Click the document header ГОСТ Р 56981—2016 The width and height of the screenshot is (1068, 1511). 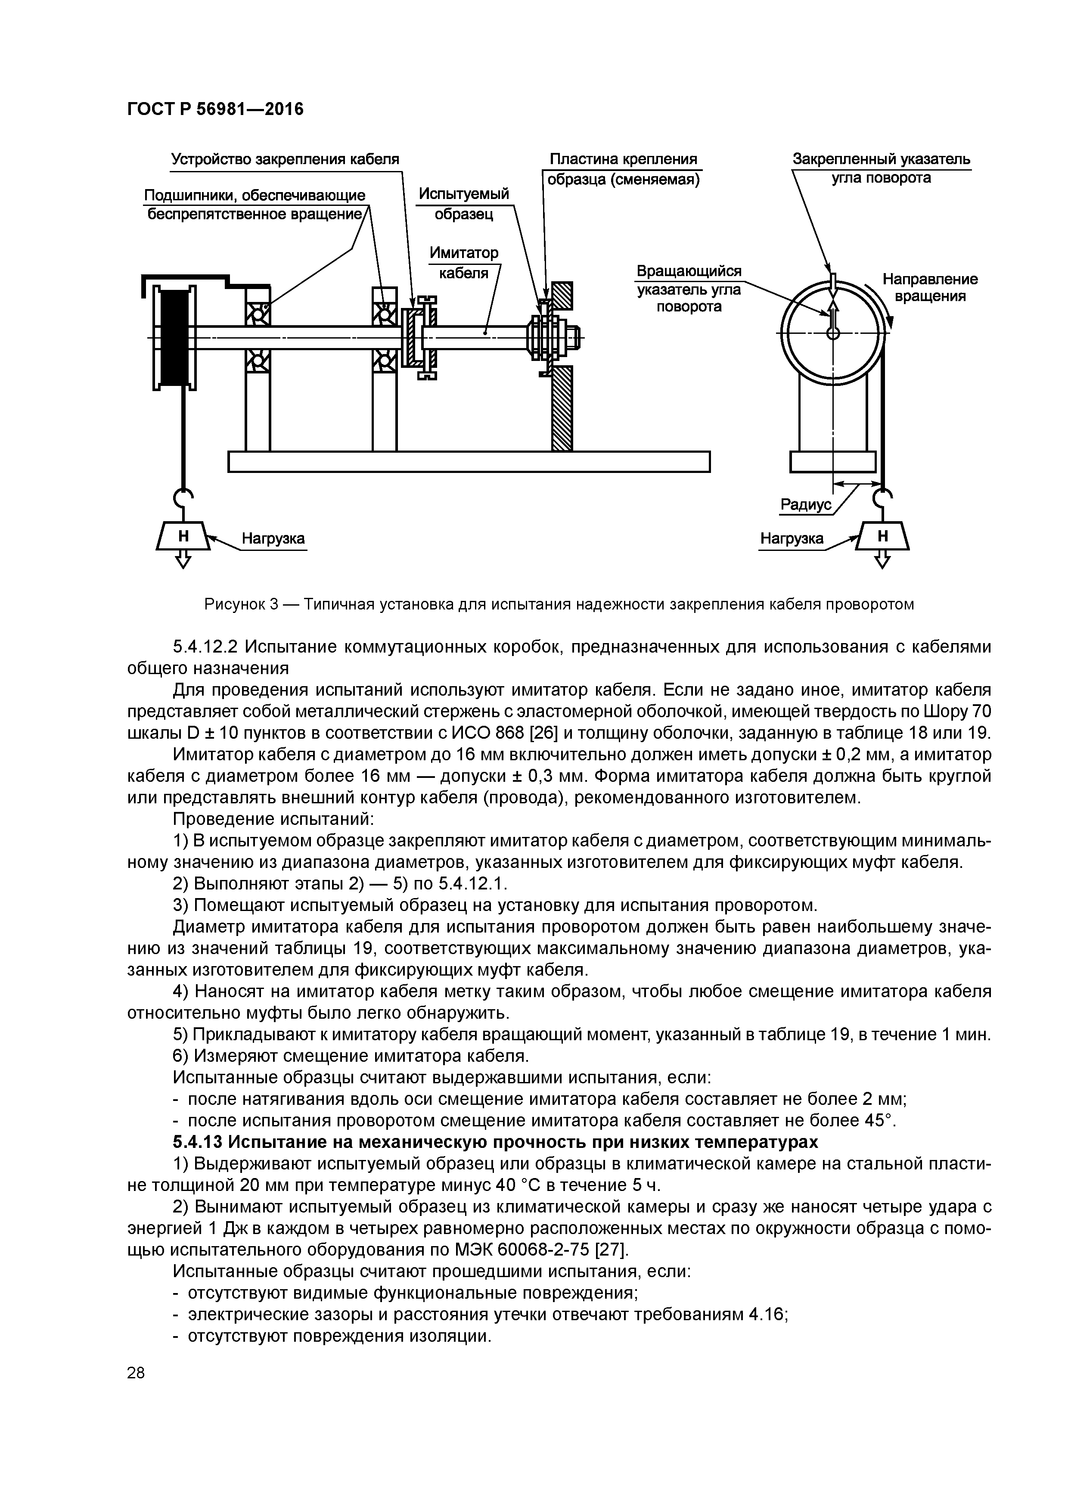click(x=215, y=109)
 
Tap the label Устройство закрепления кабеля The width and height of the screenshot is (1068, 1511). click(x=285, y=159)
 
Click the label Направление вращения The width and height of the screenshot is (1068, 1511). click(x=930, y=288)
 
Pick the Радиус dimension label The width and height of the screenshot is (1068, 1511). click(x=805, y=505)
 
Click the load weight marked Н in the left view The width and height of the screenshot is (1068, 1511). click(x=183, y=536)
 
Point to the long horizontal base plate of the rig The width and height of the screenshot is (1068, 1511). click(x=469, y=461)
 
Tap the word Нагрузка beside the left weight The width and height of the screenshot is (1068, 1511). click(x=273, y=539)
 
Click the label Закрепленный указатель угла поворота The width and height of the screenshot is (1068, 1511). click(x=881, y=168)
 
